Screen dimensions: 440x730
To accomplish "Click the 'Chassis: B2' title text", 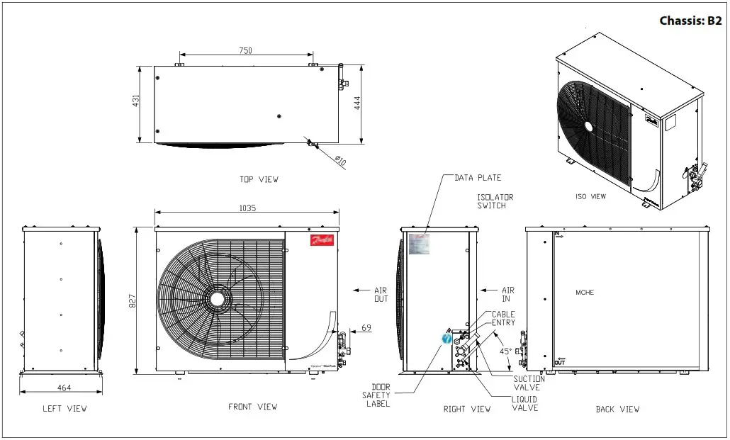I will [x=690, y=21].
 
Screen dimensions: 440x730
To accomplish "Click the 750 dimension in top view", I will [x=245, y=50].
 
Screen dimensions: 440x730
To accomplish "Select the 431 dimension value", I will [x=135, y=102].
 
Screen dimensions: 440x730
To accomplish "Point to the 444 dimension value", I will [x=356, y=103].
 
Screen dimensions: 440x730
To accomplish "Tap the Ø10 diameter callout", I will [x=339, y=161].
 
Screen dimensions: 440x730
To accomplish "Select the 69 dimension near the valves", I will [x=366, y=327].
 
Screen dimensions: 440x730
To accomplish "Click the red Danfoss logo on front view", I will [x=322, y=240].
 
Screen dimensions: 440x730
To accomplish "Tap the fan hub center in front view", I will [x=218, y=298].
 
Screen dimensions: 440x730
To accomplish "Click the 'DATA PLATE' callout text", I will [x=478, y=178].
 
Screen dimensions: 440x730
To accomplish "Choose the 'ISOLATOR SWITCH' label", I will [x=495, y=201].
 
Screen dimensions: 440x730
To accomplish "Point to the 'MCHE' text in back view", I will [x=585, y=293].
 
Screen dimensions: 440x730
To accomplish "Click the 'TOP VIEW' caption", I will [x=259, y=179].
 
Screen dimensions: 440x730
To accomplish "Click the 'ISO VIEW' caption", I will [x=590, y=196].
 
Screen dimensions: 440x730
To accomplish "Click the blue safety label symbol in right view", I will [x=447, y=338].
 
